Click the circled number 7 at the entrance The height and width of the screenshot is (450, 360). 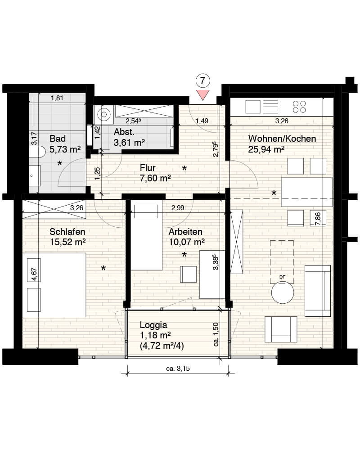pyautogui.click(x=202, y=81)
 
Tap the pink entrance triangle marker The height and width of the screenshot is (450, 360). pyautogui.click(x=202, y=94)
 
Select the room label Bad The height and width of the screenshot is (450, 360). pyautogui.click(x=58, y=139)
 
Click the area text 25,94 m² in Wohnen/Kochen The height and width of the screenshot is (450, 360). pyautogui.click(x=266, y=149)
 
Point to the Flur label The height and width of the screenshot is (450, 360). pyautogui.click(x=148, y=167)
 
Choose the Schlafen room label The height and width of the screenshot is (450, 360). pyautogui.click(x=67, y=232)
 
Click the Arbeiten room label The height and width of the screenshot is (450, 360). pyautogui.click(x=185, y=232)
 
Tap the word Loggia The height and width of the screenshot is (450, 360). pyautogui.click(x=153, y=325)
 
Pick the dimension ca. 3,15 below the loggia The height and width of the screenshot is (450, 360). pyautogui.click(x=178, y=369)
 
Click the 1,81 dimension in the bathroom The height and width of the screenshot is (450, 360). pyautogui.click(x=57, y=98)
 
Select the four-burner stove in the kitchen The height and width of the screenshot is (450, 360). pyautogui.click(x=299, y=107)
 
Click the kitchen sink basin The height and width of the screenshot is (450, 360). pyautogui.click(x=253, y=107)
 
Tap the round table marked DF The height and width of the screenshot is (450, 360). pyautogui.click(x=283, y=292)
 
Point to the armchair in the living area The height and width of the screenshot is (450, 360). pyautogui.click(x=281, y=329)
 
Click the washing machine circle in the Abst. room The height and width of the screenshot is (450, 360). pyautogui.click(x=104, y=114)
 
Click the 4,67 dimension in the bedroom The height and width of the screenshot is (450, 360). pyautogui.click(x=34, y=274)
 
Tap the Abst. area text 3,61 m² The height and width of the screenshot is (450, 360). pyautogui.click(x=129, y=142)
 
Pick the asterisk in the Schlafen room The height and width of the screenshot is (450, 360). pyautogui.click(x=103, y=268)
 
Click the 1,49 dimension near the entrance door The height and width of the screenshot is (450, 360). pyautogui.click(x=202, y=121)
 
